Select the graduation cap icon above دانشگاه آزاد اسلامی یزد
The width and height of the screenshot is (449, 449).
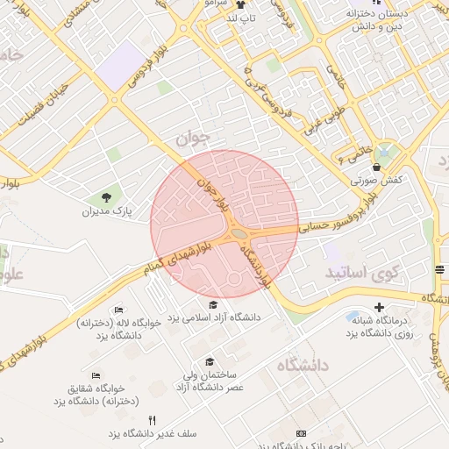click(x=213, y=304)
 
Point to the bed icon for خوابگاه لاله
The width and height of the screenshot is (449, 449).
click(x=119, y=310)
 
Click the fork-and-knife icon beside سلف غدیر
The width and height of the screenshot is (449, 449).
click(x=153, y=421)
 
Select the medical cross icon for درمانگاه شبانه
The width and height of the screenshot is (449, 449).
click(x=379, y=308)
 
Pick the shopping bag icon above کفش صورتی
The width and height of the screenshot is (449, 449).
click(x=376, y=167)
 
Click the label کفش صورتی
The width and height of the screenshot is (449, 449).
click(x=376, y=180)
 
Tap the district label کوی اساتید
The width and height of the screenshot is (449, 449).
click(x=361, y=274)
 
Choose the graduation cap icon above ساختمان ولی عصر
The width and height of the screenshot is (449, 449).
click(x=209, y=361)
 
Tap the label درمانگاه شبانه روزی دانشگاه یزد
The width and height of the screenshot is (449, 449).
click(x=378, y=327)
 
